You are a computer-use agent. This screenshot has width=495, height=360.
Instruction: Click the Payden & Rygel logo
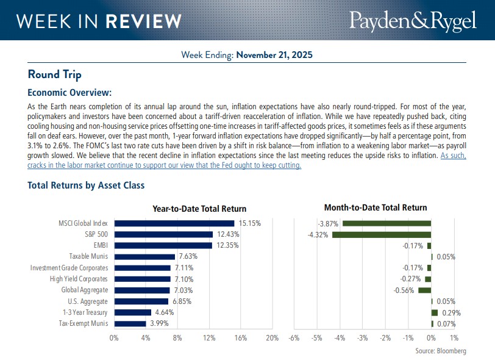[413, 21]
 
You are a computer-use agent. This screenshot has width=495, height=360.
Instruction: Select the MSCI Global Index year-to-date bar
[174, 223]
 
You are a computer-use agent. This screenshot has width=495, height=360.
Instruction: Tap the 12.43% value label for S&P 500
[226, 234]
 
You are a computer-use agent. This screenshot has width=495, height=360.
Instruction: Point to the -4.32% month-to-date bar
[382, 234]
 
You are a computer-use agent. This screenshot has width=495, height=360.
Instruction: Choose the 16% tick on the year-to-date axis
[241, 337]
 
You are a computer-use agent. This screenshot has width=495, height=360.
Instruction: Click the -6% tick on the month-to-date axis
[294, 337]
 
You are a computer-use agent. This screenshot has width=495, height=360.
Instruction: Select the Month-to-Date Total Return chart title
[376, 207]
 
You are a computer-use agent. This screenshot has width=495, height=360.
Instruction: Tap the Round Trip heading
[54, 74]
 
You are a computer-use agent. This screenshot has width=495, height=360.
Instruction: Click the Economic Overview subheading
[69, 93]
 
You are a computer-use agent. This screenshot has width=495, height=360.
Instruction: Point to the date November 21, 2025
[274, 55]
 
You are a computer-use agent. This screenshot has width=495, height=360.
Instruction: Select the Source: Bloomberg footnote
[441, 351]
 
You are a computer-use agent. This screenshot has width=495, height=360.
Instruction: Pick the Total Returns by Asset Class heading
[86, 185]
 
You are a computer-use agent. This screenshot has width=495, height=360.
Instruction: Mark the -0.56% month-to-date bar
[424, 290]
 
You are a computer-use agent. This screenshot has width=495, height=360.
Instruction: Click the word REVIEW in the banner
[143, 21]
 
